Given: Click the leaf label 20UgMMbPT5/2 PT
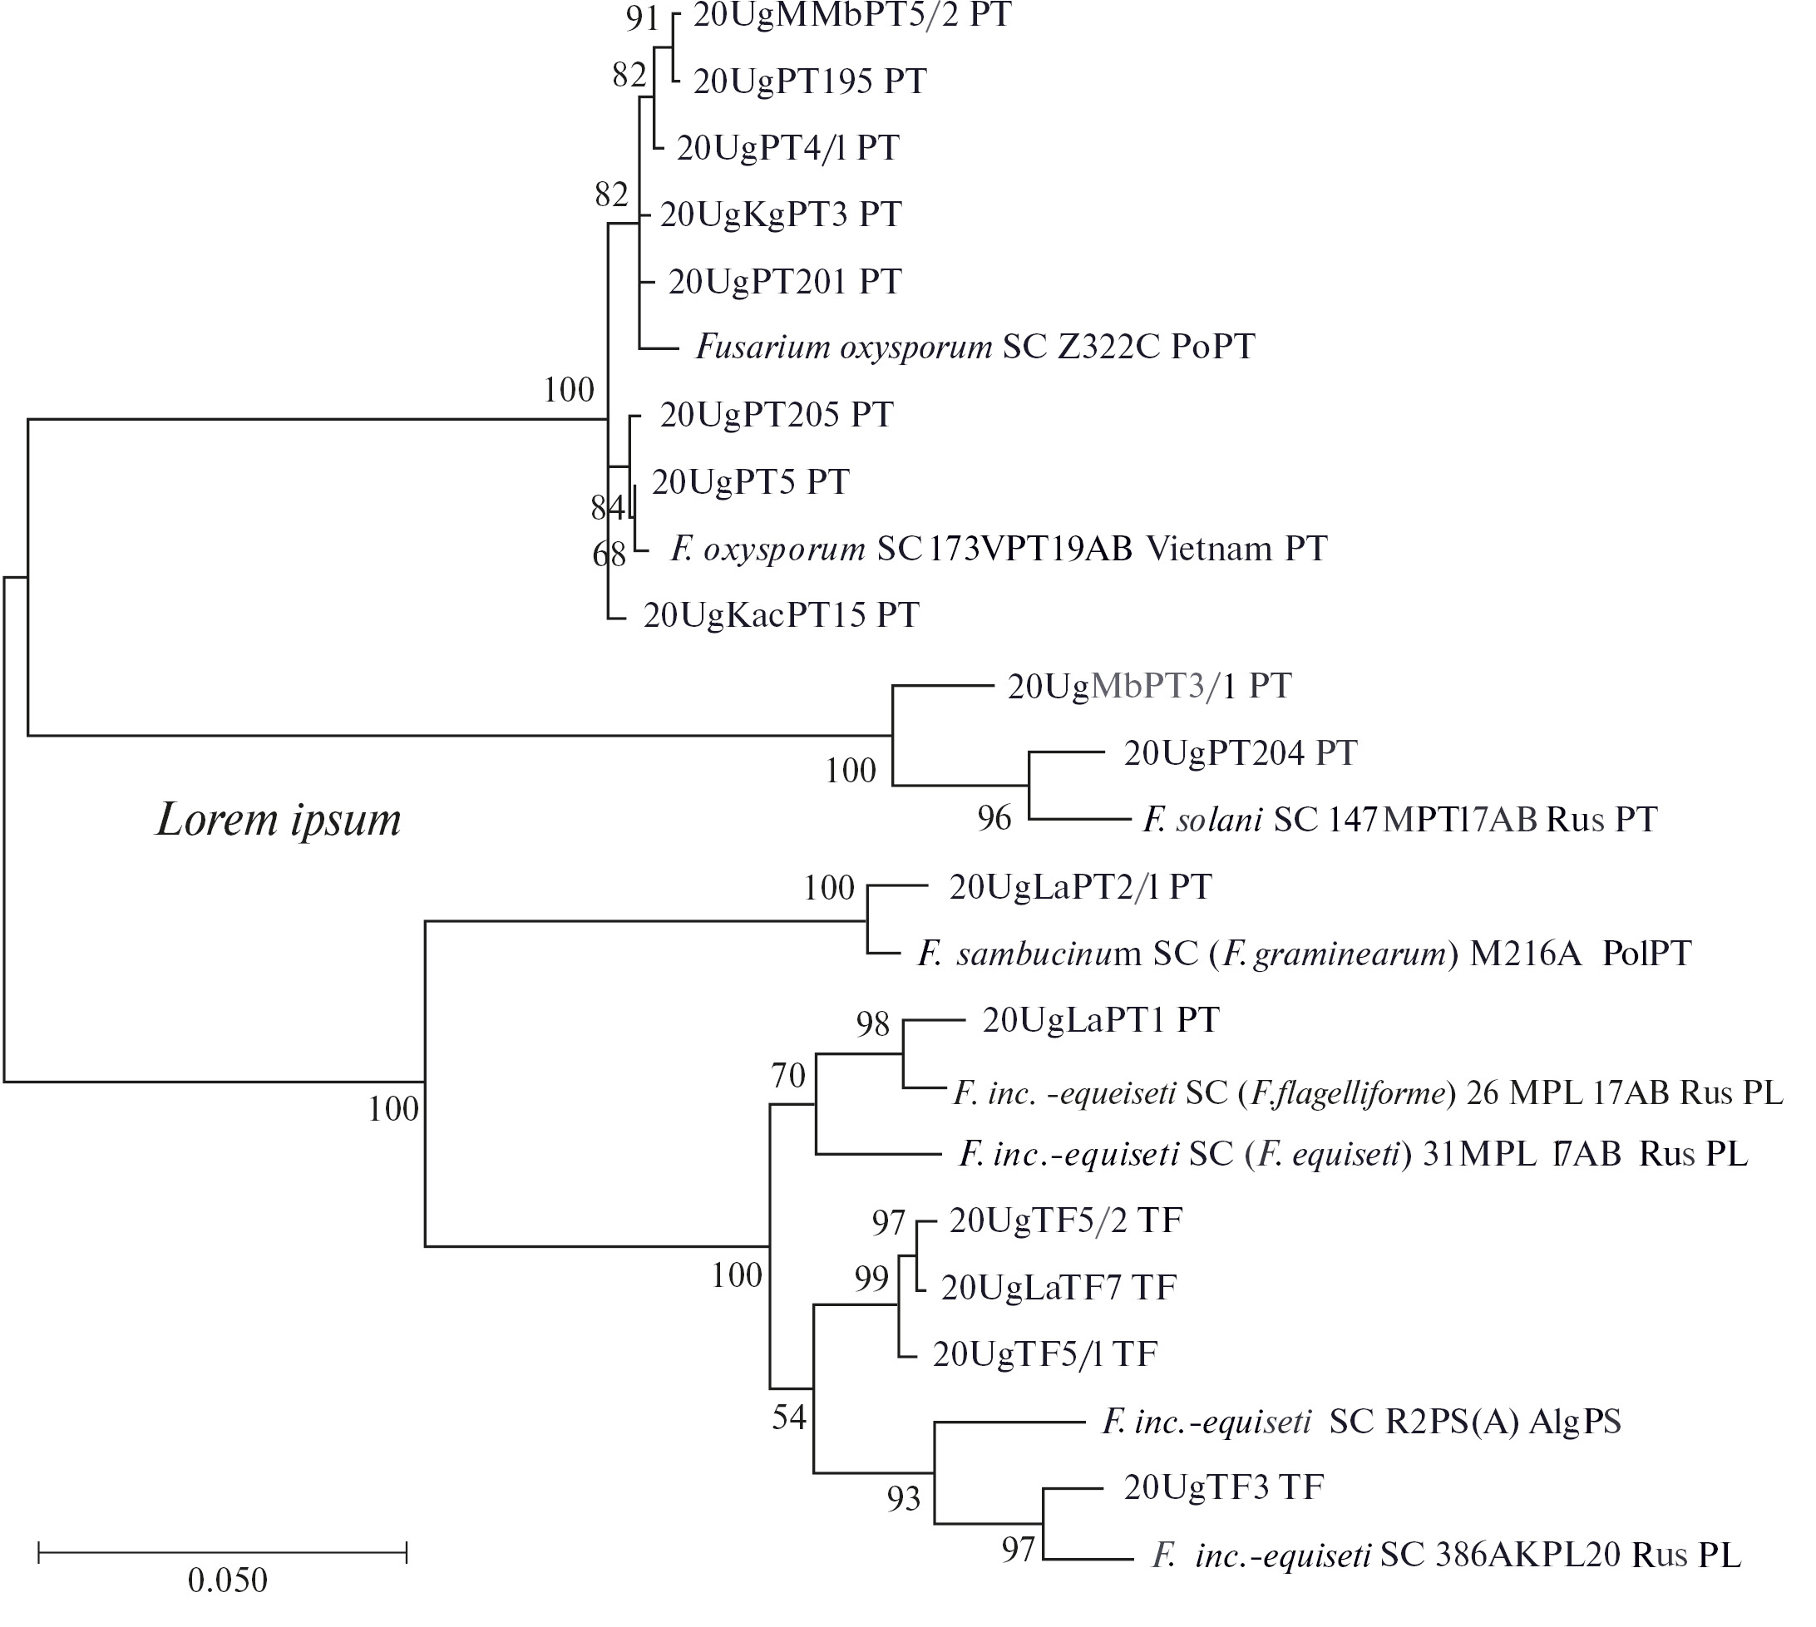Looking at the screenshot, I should pos(851,15).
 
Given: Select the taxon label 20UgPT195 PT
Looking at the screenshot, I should pos(810,81).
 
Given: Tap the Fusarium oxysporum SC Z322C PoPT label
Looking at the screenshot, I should pos(975,347).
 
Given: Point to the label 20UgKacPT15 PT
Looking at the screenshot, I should pos(781,615).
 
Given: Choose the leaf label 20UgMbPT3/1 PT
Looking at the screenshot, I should pos(1149,686).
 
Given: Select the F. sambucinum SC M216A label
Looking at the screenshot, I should pos(1304,954).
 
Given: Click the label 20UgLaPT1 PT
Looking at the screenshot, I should pos(1101,1020).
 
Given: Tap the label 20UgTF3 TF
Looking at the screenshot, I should pos(1223,1486).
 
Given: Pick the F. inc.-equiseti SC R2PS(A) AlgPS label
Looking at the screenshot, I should pos(1361,1422).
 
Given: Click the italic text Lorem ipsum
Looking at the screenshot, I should pos(279,819).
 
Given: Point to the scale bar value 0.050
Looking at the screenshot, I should pos(227,1580).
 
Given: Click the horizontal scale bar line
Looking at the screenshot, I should pos(223,1553).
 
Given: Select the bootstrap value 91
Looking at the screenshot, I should pos(642,19).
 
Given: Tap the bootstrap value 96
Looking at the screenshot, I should pos(994,818).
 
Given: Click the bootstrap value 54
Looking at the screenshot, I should pos(788,1417).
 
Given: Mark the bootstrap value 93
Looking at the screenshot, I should pos(903,1498).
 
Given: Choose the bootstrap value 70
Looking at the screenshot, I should pos(788,1076).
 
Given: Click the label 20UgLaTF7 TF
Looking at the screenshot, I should pos(1059,1287).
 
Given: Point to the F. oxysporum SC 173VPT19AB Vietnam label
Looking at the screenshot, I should pos(999,549).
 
